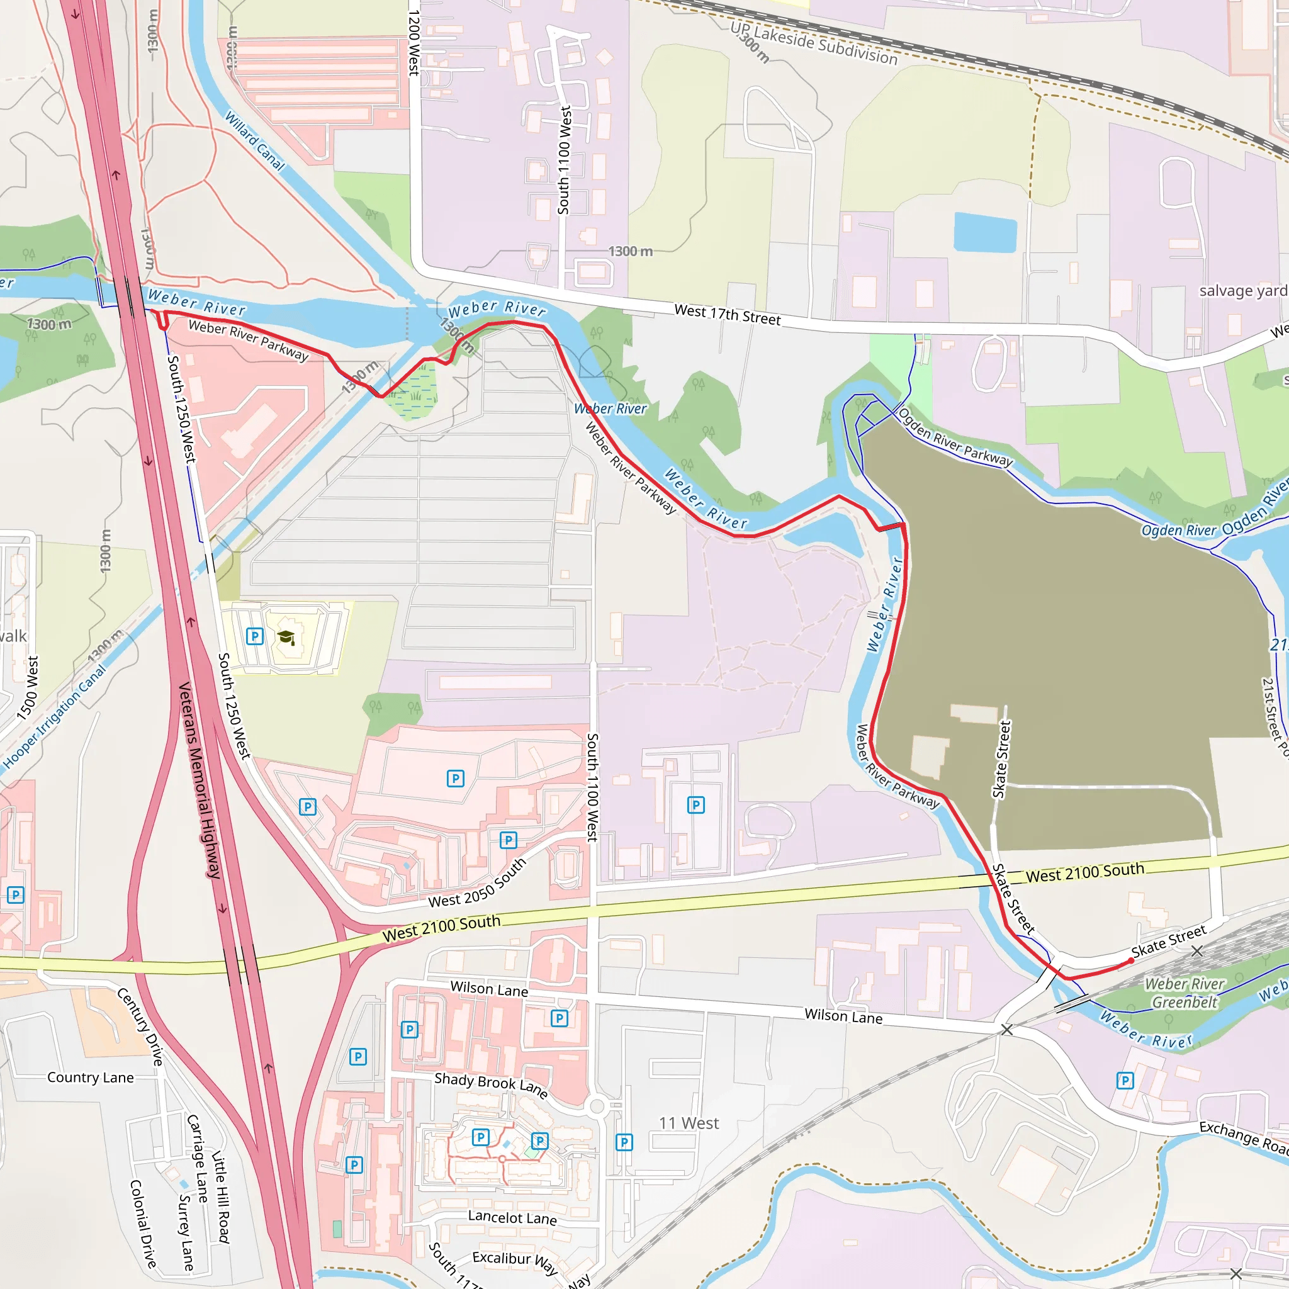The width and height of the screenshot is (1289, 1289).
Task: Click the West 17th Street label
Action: click(726, 314)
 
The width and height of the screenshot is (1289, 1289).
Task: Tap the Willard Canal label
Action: click(254, 141)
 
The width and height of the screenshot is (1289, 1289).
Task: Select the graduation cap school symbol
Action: click(286, 637)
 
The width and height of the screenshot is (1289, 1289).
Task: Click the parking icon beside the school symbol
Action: click(254, 636)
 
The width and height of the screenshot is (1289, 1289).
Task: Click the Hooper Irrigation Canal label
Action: click(55, 716)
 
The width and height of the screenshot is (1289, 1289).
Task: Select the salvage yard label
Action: click(1242, 291)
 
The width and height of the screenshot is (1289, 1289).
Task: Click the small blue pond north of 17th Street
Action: click(985, 232)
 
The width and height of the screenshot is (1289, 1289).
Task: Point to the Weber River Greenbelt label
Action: click(1185, 993)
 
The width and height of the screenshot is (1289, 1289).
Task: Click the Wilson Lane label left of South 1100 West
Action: click(489, 989)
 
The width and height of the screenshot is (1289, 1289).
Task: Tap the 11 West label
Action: click(689, 1123)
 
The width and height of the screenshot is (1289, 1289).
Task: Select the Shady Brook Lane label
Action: click(491, 1084)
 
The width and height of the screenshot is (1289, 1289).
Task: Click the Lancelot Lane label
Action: click(512, 1217)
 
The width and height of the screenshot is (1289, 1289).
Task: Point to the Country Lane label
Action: click(90, 1078)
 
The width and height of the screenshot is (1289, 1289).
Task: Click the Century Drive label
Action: click(140, 1027)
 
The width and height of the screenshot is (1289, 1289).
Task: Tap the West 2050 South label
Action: click(477, 882)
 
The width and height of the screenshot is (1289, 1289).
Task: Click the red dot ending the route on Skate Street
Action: click(1130, 962)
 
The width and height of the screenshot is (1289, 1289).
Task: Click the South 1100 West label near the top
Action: click(565, 160)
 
